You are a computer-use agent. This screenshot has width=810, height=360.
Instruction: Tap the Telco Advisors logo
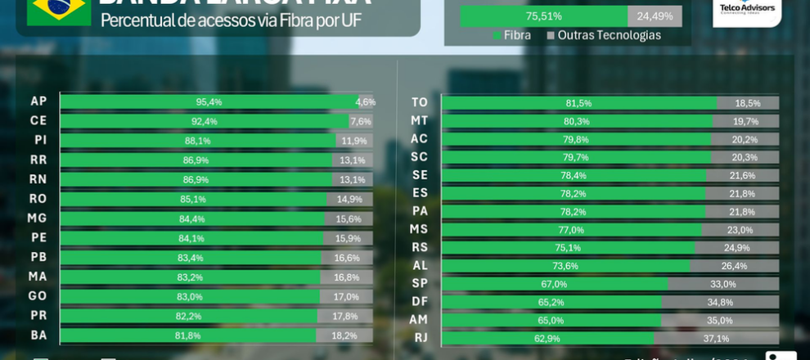coord(746,9)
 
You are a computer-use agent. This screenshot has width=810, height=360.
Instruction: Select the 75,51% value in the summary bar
coord(543,16)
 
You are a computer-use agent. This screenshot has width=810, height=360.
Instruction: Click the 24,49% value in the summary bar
coord(655,16)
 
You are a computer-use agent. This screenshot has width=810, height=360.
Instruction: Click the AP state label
coord(38,101)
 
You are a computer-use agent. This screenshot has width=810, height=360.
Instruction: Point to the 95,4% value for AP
coord(209,102)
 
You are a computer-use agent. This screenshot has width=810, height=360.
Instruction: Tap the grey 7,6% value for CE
coord(361,121)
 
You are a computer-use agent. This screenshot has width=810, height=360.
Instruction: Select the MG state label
coord(38,218)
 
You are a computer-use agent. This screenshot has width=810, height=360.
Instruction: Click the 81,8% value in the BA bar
coord(187,335)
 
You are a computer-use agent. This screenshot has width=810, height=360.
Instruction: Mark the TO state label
coord(420,103)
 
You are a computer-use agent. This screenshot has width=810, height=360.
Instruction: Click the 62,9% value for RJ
coord(547,339)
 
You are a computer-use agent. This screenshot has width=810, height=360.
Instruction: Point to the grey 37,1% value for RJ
coord(716,339)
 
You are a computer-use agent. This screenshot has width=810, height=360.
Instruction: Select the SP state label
coord(420,284)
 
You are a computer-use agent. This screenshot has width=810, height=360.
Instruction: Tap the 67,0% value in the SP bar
coord(554,284)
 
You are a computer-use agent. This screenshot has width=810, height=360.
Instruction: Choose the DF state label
coord(420,302)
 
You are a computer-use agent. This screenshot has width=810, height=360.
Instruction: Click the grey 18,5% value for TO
coord(747,103)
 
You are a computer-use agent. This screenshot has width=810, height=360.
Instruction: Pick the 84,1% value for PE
coord(191,238)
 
